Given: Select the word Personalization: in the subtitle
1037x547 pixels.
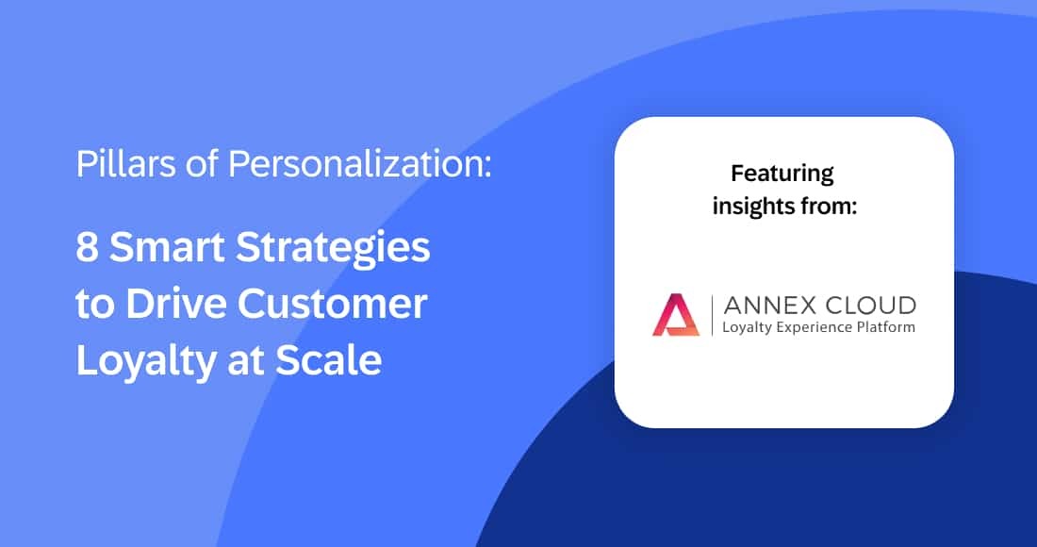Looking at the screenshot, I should click(x=359, y=165).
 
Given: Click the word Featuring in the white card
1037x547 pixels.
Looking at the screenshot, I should click(x=782, y=174).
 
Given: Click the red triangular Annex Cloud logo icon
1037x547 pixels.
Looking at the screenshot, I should click(x=676, y=315).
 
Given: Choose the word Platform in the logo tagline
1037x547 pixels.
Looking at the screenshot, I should click(x=884, y=327).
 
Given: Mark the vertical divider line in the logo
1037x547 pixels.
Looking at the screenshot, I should click(x=713, y=315).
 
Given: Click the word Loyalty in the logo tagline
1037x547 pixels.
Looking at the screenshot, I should click(x=747, y=328).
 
